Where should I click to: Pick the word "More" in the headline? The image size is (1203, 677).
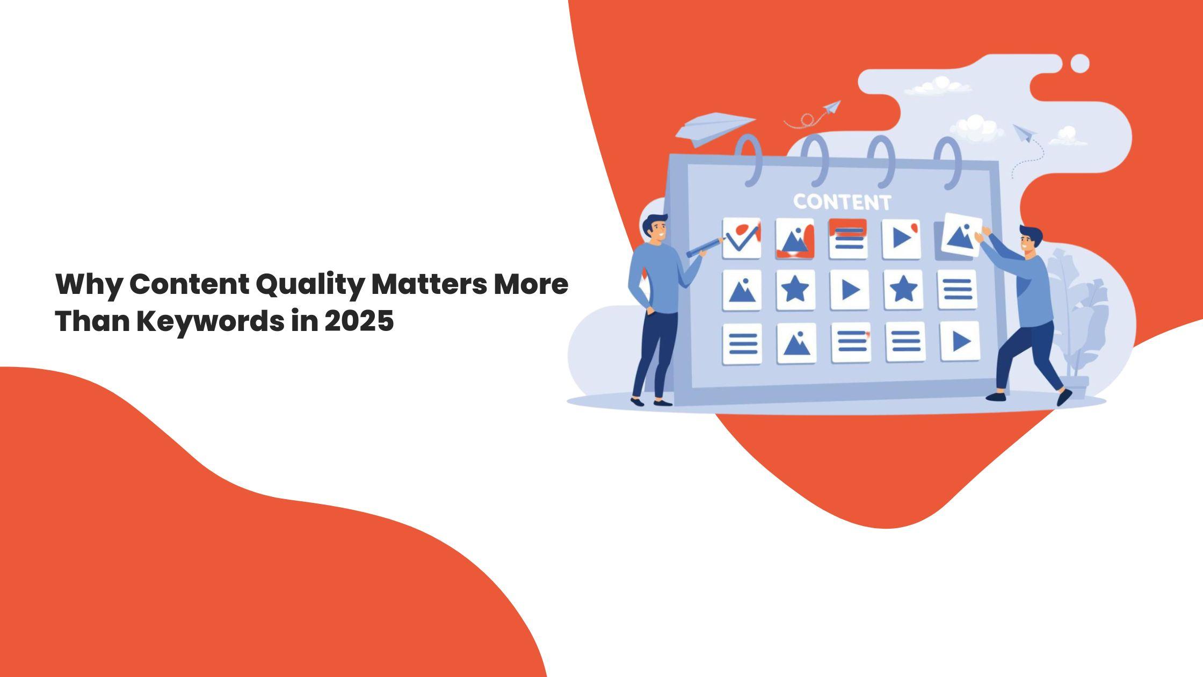(x=531, y=285)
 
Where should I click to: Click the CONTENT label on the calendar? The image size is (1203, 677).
(x=842, y=202)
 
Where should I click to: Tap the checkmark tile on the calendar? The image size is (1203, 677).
(x=741, y=237)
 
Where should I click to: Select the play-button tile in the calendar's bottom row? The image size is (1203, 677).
(x=960, y=341)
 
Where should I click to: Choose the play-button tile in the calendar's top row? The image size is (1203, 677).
(x=901, y=238)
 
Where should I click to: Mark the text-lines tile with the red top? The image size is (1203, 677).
(x=848, y=238)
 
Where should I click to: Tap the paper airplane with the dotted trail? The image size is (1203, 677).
(x=1024, y=133)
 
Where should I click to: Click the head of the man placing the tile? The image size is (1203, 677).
(x=1030, y=240)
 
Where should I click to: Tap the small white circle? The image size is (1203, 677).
(x=1080, y=63)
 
